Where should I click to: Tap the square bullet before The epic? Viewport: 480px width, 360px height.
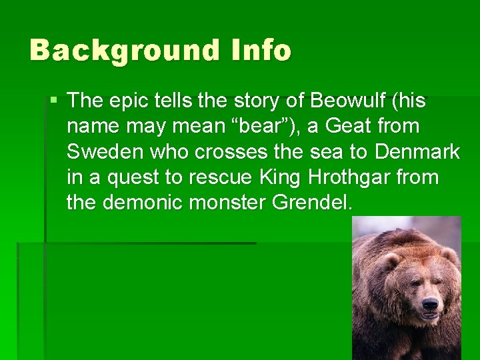pyautogui.click(x=54, y=101)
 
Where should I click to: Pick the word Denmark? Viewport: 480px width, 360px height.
pyautogui.click(x=417, y=152)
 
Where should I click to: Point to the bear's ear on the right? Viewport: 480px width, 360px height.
pyautogui.click(x=449, y=254)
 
